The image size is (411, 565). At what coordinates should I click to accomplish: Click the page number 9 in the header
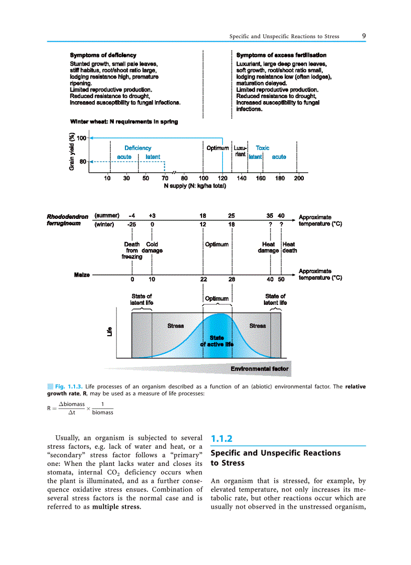click(x=363, y=36)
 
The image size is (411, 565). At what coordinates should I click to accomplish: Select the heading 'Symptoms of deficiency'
click(x=103, y=55)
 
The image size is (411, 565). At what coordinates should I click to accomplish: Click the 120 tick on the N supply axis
click(x=223, y=178)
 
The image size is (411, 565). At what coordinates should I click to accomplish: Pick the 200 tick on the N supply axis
click(x=299, y=178)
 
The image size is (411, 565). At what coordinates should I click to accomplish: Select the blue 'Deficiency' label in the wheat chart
click(x=138, y=148)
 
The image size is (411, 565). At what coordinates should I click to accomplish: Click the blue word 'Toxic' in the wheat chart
click(x=262, y=148)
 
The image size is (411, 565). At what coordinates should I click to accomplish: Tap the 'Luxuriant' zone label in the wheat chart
click(x=240, y=151)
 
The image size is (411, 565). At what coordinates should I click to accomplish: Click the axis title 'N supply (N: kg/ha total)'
click(x=195, y=186)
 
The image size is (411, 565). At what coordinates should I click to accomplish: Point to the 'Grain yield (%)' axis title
click(x=72, y=151)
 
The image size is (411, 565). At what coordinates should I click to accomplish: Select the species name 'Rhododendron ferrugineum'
click(x=67, y=220)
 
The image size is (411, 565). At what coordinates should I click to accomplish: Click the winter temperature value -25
click(x=132, y=224)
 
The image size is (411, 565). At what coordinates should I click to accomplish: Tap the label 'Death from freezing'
click(x=132, y=250)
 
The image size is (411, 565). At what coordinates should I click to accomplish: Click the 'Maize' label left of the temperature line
click(x=82, y=275)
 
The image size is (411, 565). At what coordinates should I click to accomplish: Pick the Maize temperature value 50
click(x=281, y=279)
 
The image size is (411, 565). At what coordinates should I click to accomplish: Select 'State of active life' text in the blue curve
click(x=217, y=341)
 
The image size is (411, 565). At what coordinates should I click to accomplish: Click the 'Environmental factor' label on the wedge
click(x=259, y=369)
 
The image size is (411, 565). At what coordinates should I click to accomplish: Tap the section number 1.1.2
click(x=222, y=438)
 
